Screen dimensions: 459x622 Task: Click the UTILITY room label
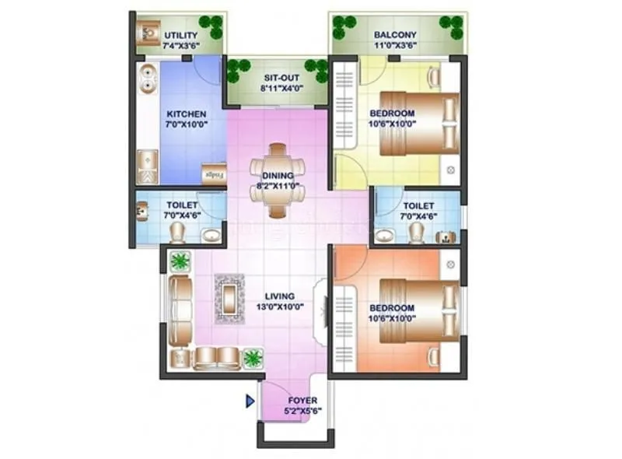click(x=180, y=35)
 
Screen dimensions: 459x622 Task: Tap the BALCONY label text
click(x=395, y=35)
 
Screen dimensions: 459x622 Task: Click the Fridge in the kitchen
click(x=214, y=173)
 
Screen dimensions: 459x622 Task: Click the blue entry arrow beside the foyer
click(x=250, y=401)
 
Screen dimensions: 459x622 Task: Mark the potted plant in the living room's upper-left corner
click(x=180, y=261)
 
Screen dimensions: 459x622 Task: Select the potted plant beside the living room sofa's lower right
click(x=253, y=358)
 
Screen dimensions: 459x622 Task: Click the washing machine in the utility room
click(x=148, y=33)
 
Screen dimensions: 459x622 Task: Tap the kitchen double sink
click(x=148, y=79)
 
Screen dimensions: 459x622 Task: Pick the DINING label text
click(x=278, y=176)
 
